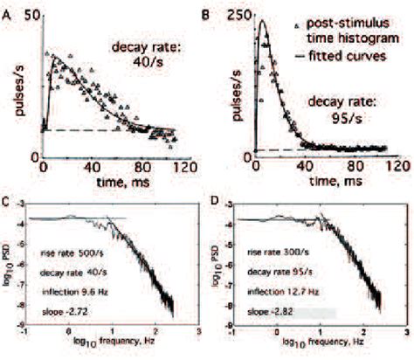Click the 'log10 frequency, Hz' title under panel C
tap(104, 350)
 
